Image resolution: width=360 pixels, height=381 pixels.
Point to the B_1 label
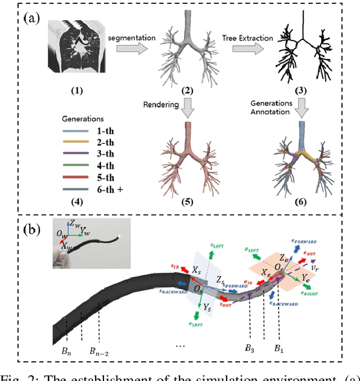279,349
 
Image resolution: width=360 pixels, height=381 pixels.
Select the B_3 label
250,349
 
